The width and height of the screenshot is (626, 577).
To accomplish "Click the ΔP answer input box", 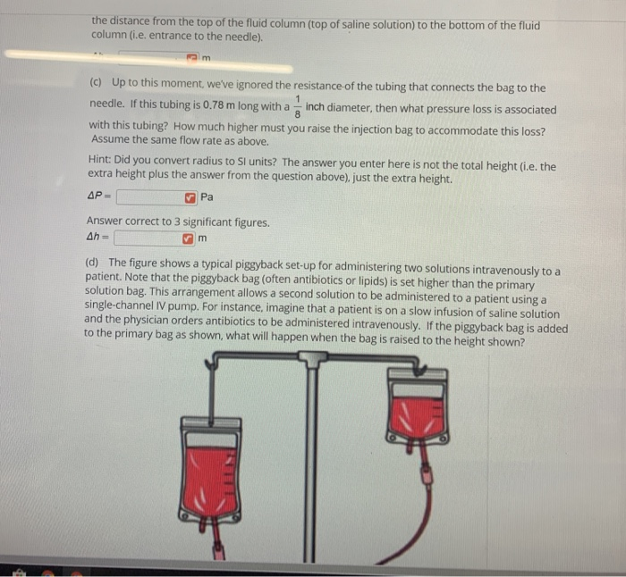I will pyautogui.click(x=148, y=197).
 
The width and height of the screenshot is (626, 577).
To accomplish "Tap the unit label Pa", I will pyautogui.click(x=207, y=197).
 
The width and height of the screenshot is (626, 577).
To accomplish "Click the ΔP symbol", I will pyautogui.click(x=97, y=197).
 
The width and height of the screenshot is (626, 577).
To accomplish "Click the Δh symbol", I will pyautogui.click(x=96, y=238).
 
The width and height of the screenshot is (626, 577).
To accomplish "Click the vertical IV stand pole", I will pyautogui.click(x=311, y=464).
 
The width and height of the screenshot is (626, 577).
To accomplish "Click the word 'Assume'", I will pyautogui.click(x=108, y=140).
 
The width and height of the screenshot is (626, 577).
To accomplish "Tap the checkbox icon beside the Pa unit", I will pyautogui.click(x=190, y=197).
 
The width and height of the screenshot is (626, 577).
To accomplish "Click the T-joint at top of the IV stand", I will pyautogui.click(x=311, y=360).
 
